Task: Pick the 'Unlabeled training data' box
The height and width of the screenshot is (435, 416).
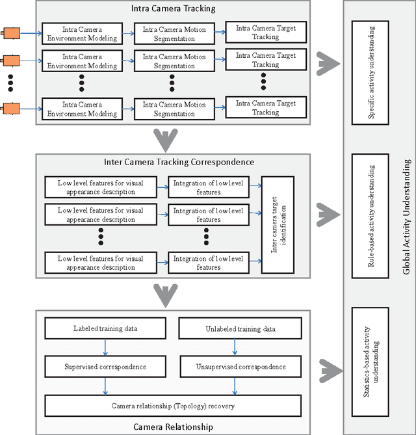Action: click(x=240, y=328)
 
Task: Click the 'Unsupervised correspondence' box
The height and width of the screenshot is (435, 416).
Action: click(x=240, y=367)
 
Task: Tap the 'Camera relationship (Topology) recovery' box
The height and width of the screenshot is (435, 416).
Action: click(x=172, y=406)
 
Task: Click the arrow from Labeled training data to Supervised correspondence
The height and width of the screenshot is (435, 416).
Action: click(x=105, y=347)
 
